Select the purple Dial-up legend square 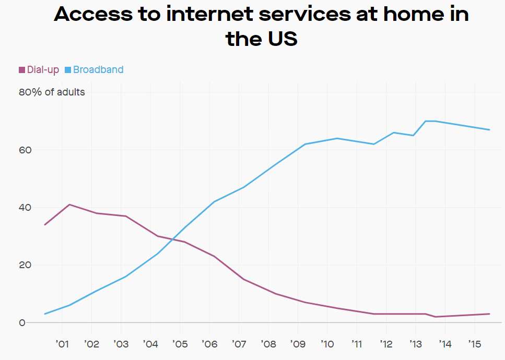click(22, 70)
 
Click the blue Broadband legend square click(68, 70)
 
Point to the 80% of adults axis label click(52, 92)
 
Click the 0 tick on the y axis click(22, 323)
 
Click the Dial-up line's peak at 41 click(69, 205)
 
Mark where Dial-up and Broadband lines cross click(172, 239)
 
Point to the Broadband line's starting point click(45, 314)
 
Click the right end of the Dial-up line click(489, 314)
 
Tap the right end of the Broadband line click(489, 130)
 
